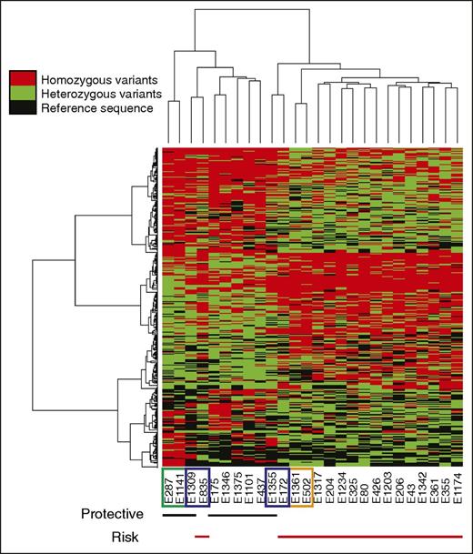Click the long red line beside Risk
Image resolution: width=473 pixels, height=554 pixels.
(364, 537)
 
